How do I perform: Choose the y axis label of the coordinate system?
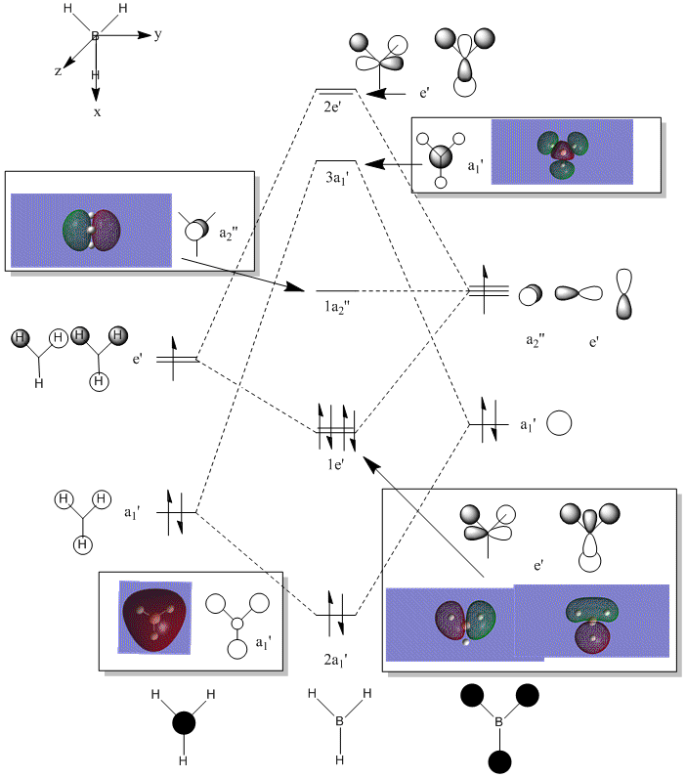[157, 35]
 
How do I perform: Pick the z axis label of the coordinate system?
[59, 71]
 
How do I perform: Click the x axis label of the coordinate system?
[96, 112]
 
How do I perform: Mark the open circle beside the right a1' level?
[558, 424]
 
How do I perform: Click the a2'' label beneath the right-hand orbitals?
[536, 340]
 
